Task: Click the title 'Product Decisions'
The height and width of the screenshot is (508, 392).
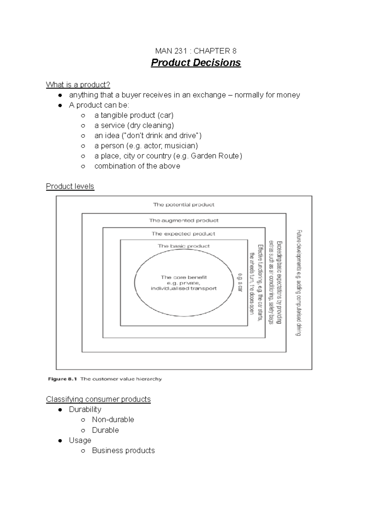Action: (196, 63)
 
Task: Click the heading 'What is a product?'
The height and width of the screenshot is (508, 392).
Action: (78, 85)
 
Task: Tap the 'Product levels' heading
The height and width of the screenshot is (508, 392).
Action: (70, 186)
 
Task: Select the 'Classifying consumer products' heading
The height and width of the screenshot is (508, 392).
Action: (98, 399)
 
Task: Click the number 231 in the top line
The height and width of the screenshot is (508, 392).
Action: (180, 51)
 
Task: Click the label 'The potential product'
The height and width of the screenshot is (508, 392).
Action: (184, 205)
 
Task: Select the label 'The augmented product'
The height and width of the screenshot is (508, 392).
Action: (184, 220)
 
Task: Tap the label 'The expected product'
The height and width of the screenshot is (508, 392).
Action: (183, 234)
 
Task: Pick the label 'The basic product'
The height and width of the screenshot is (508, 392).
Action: (184, 246)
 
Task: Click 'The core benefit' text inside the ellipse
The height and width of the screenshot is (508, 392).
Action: (184, 277)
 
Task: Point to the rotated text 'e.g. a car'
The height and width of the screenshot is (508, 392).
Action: (240, 282)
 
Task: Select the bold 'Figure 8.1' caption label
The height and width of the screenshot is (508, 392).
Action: (62, 379)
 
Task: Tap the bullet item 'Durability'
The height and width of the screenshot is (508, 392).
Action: (85, 409)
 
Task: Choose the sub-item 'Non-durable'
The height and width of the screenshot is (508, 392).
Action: (113, 419)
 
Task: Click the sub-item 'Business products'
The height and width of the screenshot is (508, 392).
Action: (123, 450)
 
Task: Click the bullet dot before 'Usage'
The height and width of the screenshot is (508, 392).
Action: (60, 441)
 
